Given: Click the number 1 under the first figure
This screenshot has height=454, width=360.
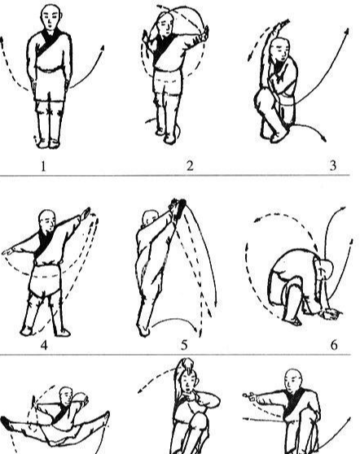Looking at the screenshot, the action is point(43,166).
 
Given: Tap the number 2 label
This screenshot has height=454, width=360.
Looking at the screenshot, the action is point(190,166).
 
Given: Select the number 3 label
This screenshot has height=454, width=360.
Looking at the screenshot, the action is point(333,166).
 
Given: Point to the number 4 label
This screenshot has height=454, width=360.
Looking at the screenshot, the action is point(44,345).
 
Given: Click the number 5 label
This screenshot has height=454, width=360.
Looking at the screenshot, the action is point(184,345).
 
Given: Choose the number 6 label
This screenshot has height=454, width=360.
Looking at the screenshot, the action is point(334,345).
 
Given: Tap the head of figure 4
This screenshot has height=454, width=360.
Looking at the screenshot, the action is point(47,221).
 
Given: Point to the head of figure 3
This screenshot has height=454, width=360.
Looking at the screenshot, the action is point(280,49).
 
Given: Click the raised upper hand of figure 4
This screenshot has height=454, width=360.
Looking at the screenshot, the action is point(86,213).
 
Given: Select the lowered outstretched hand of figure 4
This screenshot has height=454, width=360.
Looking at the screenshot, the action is point(8,251).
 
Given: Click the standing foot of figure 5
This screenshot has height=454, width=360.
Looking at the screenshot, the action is point(143,330).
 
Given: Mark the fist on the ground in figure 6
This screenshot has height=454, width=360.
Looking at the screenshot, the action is point(330,314).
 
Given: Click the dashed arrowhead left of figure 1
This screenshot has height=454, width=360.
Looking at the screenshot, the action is point(2,40).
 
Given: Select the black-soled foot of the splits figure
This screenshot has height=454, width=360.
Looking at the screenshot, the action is point(7,423).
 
